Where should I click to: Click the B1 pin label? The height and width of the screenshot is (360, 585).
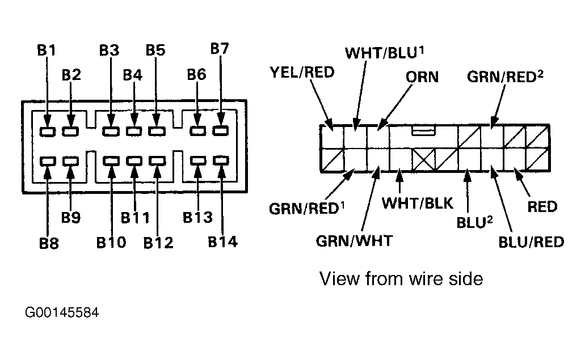tap(47, 50)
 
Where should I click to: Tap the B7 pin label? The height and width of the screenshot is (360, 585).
tap(220, 48)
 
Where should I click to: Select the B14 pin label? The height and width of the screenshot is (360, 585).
tap(223, 242)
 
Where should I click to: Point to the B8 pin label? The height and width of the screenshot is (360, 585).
tap(49, 243)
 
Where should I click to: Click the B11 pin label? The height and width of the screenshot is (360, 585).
tap(135, 218)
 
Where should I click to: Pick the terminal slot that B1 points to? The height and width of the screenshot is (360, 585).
tap(48, 131)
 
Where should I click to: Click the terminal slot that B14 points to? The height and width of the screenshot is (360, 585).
tap(221, 160)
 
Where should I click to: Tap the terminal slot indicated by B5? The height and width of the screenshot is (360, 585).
tap(157, 131)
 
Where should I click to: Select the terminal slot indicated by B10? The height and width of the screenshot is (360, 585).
tap(111, 161)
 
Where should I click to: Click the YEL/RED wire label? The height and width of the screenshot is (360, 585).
tap(302, 73)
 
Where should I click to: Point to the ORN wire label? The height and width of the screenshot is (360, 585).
tap(422, 77)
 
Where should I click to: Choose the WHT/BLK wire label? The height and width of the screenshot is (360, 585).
tap(418, 204)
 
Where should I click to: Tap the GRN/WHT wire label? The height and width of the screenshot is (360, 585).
tap(354, 241)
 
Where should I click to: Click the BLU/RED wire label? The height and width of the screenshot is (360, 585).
tap(531, 242)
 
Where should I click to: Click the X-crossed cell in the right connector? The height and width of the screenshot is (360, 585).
tap(423, 160)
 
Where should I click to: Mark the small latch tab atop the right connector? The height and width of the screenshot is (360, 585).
tap(424, 130)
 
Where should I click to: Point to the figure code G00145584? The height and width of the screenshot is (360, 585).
tap(62, 312)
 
